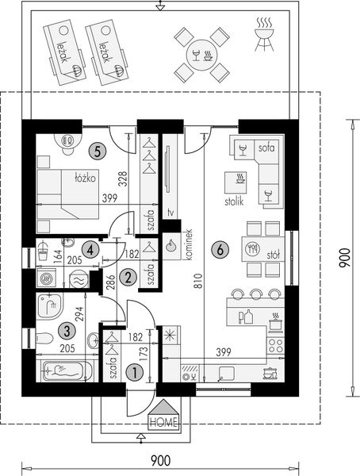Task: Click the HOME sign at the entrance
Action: point(164,422)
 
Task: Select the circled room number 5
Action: point(97,148)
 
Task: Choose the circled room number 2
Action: point(128,277)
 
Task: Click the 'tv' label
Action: point(169,212)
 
